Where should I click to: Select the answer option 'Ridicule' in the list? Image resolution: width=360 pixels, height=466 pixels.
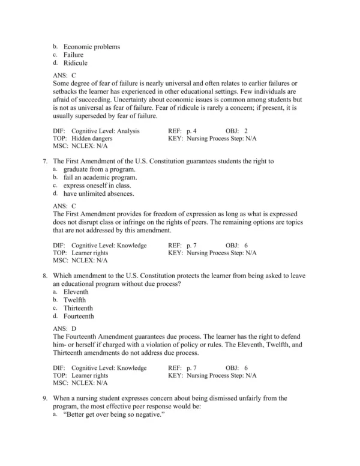tap(76, 62)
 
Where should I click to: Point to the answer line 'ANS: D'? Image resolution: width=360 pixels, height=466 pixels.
tap(65, 328)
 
